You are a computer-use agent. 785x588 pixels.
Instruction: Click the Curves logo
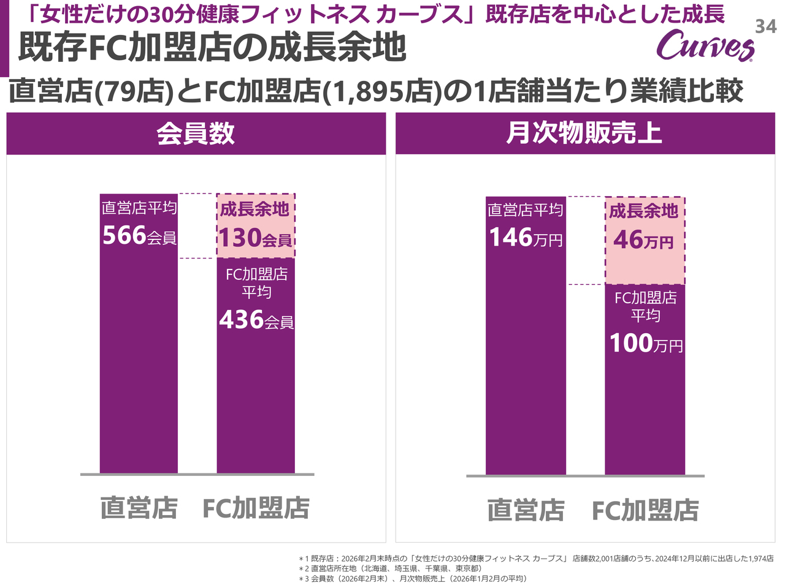click(x=705, y=45)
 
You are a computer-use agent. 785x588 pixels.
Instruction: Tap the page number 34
click(x=765, y=26)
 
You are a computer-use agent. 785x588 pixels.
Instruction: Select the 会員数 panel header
click(x=196, y=134)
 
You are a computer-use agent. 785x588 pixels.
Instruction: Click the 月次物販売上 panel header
click(x=584, y=134)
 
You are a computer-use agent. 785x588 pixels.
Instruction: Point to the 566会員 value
click(x=139, y=236)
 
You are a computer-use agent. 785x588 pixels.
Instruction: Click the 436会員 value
click(x=256, y=320)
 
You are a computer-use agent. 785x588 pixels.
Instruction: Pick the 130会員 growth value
click(x=255, y=238)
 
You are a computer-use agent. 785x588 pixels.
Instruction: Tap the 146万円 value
click(x=526, y=238)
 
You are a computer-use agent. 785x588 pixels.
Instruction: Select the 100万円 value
click(x=646, y=344)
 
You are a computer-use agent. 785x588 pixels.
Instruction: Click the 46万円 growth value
click(x=643, y=240)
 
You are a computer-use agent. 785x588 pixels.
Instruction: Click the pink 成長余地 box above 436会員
click(x=256, y=225)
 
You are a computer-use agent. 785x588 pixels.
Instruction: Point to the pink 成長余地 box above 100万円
click(x=645, y=240)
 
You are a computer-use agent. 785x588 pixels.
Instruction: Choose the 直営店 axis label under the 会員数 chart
click(x=139, y=508)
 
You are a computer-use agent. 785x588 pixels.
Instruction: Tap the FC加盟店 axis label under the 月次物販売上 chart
click(x=645, y=510)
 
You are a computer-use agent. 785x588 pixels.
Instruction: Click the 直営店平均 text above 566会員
click(x=139, y=208)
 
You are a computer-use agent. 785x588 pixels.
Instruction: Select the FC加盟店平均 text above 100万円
click(x=646, y=306)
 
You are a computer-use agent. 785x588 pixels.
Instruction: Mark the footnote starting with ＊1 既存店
click(x=536, y=559)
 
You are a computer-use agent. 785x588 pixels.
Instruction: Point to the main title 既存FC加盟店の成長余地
click(x=212, y=47)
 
